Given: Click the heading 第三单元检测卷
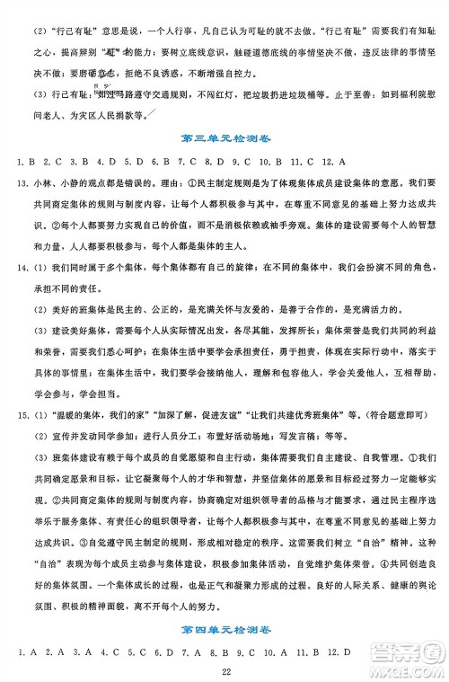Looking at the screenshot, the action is [224, 138].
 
